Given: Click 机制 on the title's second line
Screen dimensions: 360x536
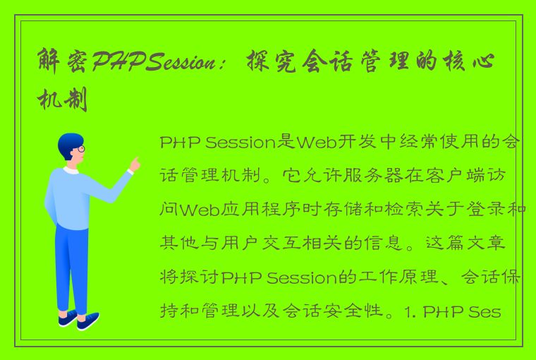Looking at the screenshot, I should click(63, 101).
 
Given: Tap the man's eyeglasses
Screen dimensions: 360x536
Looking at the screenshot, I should click(80, 149).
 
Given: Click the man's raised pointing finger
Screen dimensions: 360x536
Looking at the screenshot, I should click(135, 162).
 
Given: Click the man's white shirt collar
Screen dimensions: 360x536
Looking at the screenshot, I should click(71, 170).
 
